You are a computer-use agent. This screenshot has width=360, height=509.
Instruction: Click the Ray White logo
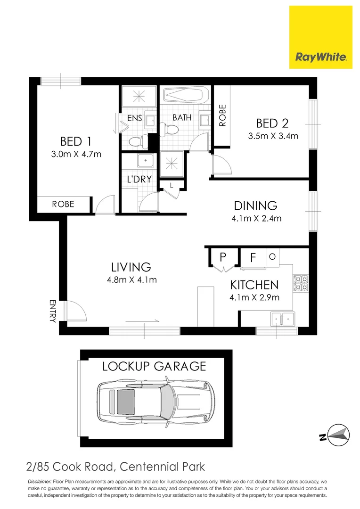pos(321,37)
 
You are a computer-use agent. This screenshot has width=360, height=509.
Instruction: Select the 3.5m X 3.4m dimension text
pos(273,136)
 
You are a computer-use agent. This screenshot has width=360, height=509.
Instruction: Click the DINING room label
pos(255,205)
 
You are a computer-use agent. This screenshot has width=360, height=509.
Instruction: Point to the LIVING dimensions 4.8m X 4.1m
pos(132,279)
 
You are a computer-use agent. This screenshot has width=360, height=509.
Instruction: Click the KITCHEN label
pos(254,285)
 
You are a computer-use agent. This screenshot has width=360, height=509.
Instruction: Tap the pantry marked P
pos(223,257)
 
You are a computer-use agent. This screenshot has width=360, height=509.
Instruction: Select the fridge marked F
pos(253,258)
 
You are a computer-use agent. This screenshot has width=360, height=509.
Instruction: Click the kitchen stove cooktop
pos(301,282)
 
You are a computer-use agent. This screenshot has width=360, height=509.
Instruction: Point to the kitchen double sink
pos(282,319)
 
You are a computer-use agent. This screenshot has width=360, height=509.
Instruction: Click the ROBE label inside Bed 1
pos(63,204)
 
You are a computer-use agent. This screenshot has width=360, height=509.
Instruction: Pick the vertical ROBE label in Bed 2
pos(222,115)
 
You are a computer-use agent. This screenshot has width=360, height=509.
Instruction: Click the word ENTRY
pos(52,311)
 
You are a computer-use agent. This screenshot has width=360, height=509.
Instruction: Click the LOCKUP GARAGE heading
pos(155,366)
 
